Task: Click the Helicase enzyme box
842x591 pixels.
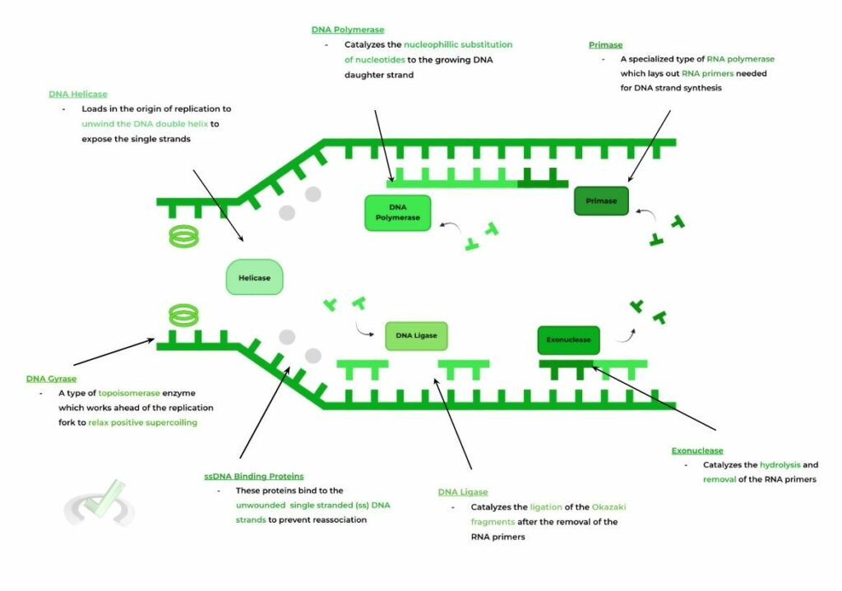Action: tap(254, 278)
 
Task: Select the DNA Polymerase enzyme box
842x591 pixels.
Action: tap(397, 212)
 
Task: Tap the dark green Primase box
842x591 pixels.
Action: tap(601, 201)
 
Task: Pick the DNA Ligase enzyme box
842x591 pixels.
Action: tap(416, 335)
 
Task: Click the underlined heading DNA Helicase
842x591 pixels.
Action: tap(77, 94)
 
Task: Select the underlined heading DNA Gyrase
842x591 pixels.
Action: tap(51, 379)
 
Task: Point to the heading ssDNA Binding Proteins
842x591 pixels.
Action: tap(253, 476)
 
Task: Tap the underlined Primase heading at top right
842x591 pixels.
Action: tap(605, 44)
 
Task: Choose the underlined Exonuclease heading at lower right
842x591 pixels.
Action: tap(697, 450)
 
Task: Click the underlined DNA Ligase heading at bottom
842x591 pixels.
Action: tap(463, 492)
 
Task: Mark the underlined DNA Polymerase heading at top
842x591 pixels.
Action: tap(347, 30)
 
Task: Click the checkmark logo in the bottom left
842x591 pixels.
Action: tap(99, 502)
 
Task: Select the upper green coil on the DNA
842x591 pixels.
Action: tap(184, 237)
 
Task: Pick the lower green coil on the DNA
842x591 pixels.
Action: tap(183, 314)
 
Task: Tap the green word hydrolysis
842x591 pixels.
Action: tap(780, 464)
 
